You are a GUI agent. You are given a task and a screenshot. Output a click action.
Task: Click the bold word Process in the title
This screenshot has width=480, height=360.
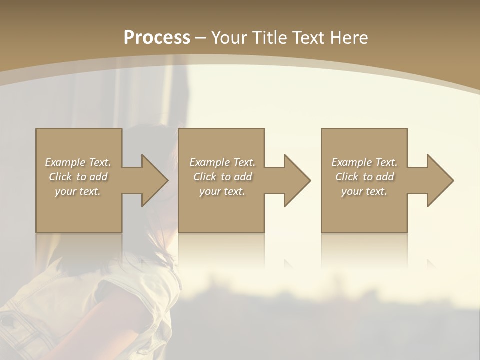[157, 38]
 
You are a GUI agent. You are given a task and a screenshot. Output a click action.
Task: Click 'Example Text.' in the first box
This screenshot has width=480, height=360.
[78, 162]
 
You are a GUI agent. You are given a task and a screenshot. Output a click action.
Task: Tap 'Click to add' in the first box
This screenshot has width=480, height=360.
[78, 177]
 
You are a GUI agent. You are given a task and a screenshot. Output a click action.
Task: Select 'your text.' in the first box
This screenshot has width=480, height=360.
[78, 191]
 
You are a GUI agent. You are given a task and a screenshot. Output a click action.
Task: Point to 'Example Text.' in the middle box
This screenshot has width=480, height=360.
[222, 162]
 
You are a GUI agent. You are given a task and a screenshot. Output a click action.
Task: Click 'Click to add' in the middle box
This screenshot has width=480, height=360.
[222, 177]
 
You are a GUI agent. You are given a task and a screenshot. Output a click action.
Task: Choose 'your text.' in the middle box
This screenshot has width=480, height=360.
[222, 191]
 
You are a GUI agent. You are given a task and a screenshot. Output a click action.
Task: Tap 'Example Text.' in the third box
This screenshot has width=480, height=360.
[364, 162]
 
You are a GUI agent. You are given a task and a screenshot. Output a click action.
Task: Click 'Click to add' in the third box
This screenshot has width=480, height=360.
[364, 177]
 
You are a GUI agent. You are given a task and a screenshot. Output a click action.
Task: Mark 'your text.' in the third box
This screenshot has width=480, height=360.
[364, 191]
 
